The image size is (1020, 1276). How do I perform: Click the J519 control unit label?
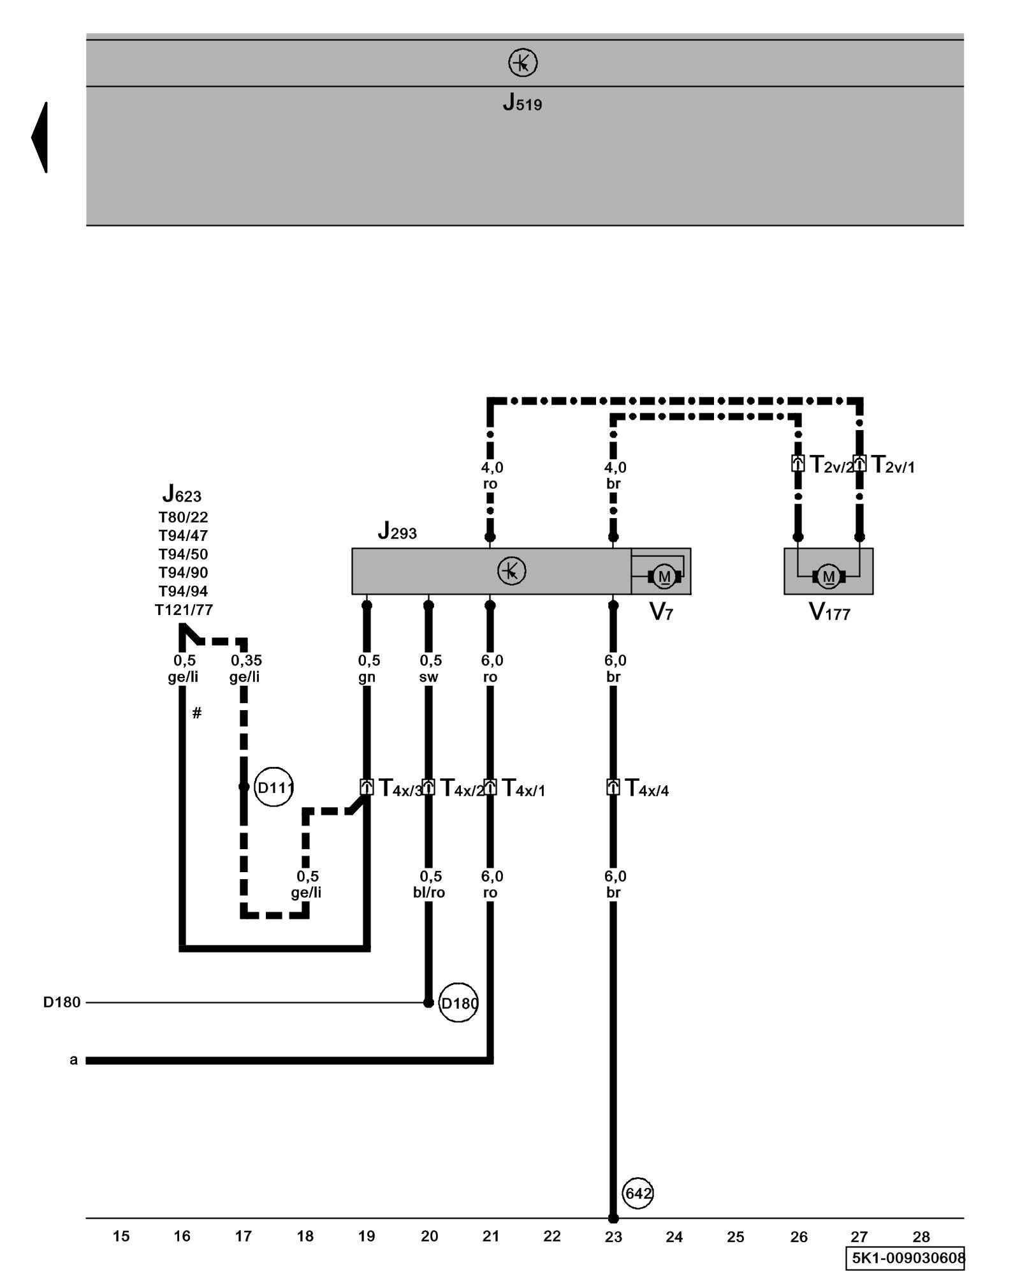522,103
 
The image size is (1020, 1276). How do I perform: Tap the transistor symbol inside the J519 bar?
523,63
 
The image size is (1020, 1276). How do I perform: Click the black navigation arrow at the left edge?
40,137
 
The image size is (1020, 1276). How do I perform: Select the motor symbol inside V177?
828,577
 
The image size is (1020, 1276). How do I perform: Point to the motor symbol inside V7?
664,576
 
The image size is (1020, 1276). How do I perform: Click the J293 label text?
397,531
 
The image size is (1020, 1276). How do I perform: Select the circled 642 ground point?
637,1193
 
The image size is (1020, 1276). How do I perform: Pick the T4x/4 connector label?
646,789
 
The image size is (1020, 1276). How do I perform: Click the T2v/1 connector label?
892,465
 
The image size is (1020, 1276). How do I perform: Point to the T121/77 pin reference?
184,610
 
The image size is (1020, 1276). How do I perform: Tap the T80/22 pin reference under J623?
184,517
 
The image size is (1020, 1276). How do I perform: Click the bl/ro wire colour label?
429,893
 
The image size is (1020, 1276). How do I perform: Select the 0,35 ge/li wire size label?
245,668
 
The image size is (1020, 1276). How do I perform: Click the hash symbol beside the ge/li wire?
197,713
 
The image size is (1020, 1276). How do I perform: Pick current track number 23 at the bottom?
613,1236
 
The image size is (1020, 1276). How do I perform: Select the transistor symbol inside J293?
511,571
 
